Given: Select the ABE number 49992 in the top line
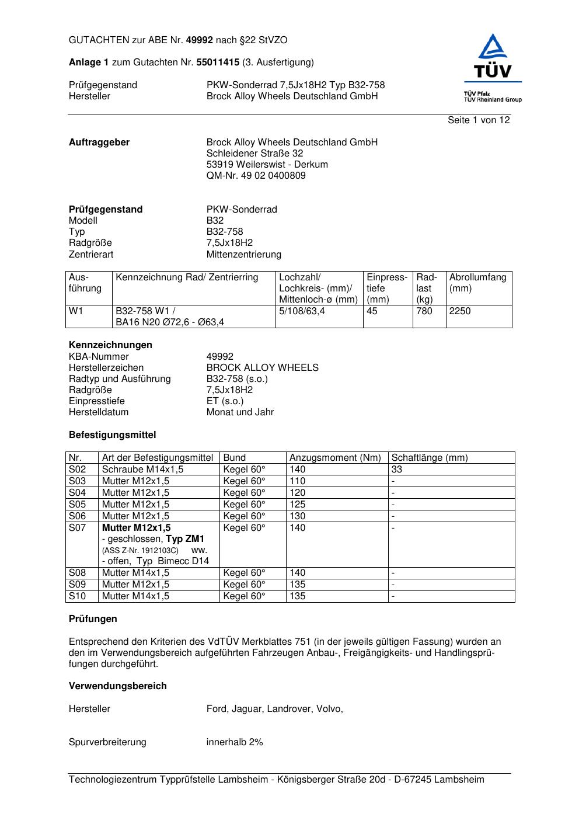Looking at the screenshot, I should [x=200, y=40].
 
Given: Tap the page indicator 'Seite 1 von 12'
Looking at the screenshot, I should [x=479, y=120].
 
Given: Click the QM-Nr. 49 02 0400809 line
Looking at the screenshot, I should [x=256, y=175].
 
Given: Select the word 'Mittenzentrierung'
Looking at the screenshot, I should [x=243, y=254].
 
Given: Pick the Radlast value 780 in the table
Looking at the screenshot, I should [x=424, y=311].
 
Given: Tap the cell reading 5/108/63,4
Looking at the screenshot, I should [x=302, y=311].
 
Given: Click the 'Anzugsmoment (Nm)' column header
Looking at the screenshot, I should [x=335, y=457].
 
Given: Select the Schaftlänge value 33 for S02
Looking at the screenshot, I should [x=397, y=469].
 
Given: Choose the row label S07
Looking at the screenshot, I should [x=77, y=527].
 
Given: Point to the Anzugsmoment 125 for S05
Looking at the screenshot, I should [x=297, y=504].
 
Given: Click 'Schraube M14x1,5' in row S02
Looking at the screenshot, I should [x=142, y=469].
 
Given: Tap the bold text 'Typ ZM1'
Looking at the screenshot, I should [x=185, y=538].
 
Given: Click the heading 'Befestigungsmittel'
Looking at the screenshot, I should [x=112, y=435].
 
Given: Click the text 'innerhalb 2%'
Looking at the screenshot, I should [x=235, y=742].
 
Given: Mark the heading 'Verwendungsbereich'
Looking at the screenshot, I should [x=117, y=686].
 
